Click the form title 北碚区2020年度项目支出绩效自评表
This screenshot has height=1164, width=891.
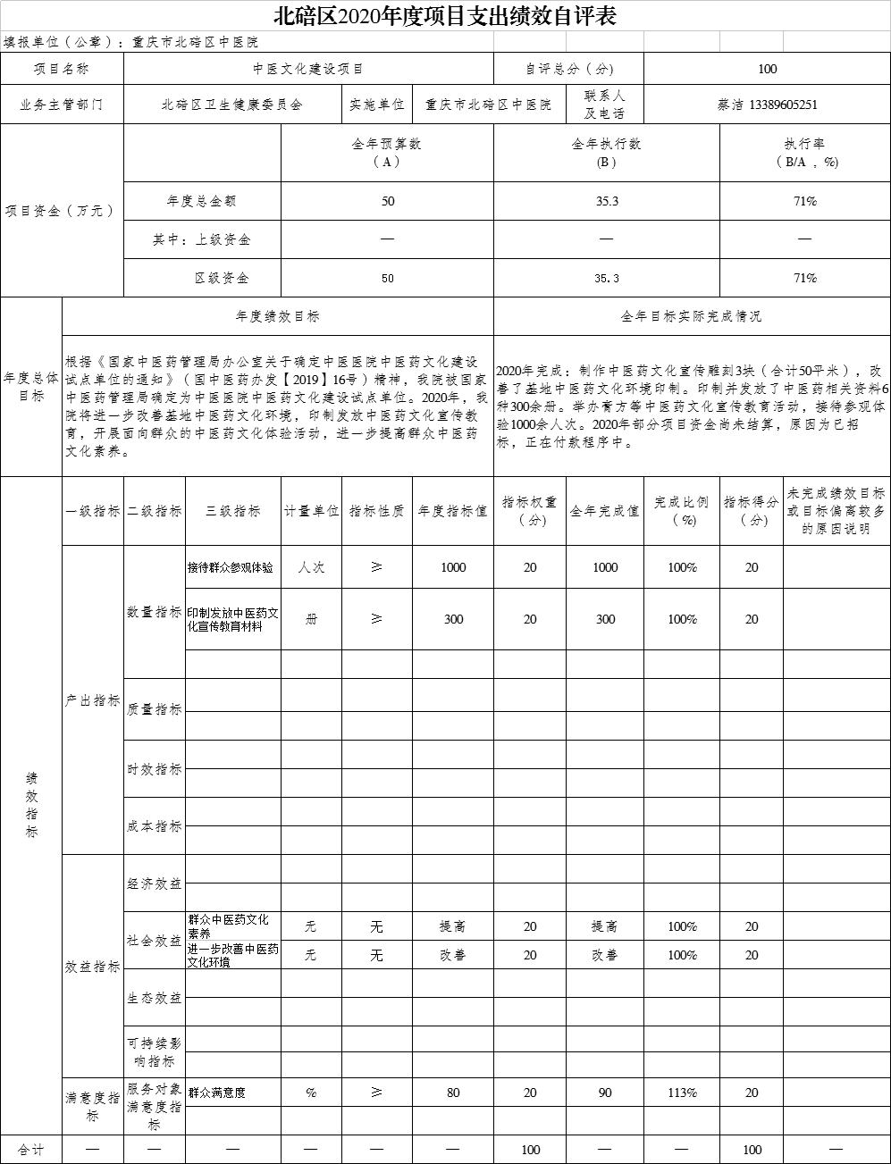(x=445, y=17)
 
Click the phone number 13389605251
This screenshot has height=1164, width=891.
(x=784, y=105)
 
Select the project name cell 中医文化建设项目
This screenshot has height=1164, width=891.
(x=307, y=69)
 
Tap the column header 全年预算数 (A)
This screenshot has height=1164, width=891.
(x=387, y=153)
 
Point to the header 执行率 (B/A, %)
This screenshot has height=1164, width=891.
(x=804, y=153)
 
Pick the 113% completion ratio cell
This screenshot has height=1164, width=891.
(x=682, y=1093)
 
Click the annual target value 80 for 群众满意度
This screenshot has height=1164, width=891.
(x=453, y=1093)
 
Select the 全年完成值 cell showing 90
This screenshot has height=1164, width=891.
(x=604, y=1093)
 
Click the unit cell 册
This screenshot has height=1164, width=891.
(x=311, y=619)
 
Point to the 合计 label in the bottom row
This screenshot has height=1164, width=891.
(x=30, y=1150)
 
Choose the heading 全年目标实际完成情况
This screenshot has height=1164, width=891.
(x=691, y=316)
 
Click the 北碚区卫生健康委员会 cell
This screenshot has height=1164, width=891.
(x=231, y=105)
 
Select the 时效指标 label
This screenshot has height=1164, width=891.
(x=154, y=769)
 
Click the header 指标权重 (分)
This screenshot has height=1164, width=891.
(x=529, y=510)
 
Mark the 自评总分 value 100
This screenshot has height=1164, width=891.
(x=766, y=69)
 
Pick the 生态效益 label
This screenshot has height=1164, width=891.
(x=154, y=998)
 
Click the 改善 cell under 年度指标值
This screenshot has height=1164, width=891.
(x=453, y=955)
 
